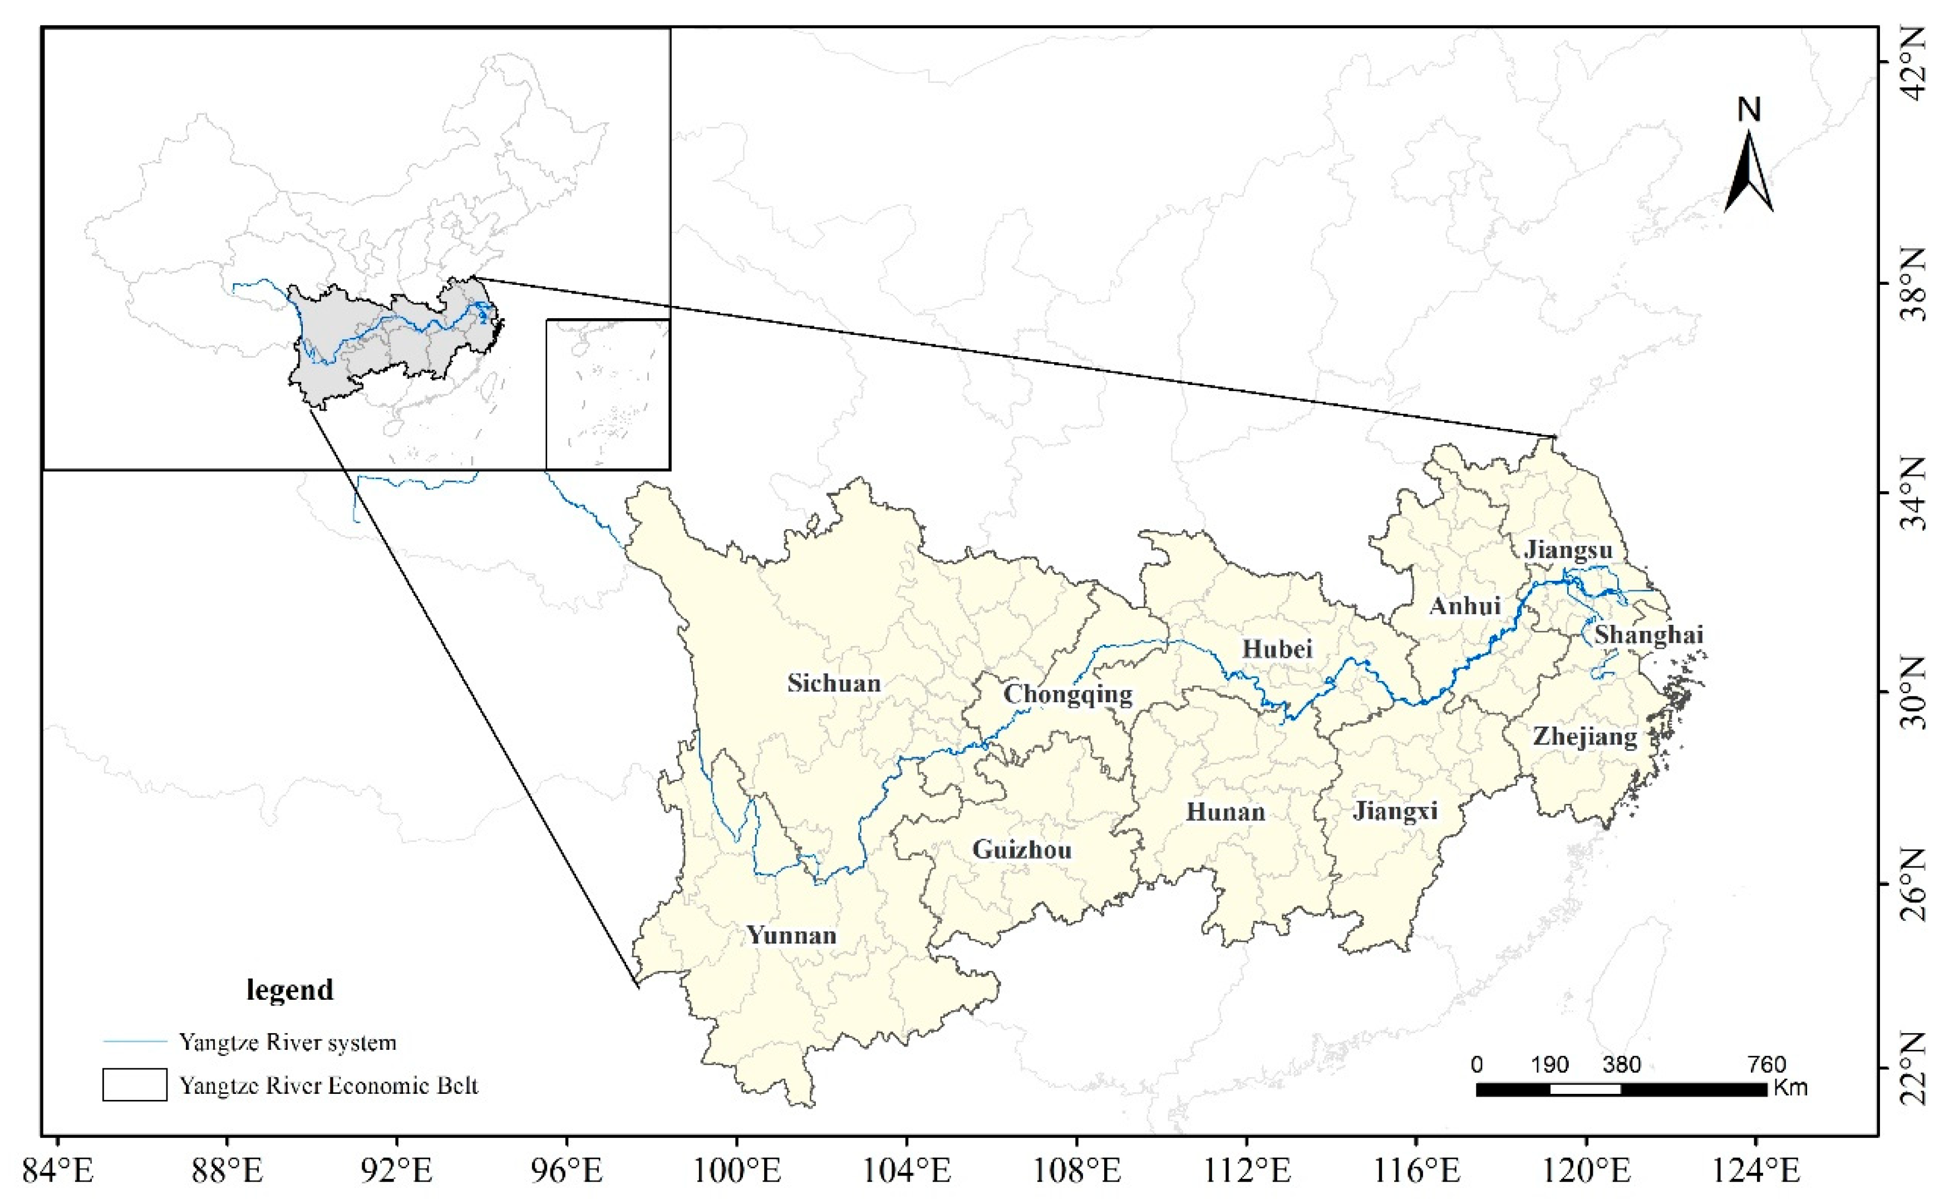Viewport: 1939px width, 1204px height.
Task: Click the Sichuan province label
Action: (834, 683)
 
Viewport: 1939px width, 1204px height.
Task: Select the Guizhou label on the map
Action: (1022, 851)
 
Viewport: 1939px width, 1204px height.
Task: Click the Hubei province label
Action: (1277, 649)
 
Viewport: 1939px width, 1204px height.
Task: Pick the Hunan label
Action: (1226, 812)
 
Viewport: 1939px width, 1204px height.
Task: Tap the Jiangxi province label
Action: (1395, 811)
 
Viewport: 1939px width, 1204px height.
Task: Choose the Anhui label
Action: (1465, 606)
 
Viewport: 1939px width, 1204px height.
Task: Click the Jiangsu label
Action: (1568, 550)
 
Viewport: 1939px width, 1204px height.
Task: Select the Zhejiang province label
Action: (1584, 737)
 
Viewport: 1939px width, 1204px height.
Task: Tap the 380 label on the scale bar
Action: (1621, 1065)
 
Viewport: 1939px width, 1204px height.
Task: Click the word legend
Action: (290, 990)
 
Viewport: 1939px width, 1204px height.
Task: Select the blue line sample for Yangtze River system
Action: (135, 1042)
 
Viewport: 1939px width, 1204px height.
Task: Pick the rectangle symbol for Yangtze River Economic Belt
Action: (135, 1084)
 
